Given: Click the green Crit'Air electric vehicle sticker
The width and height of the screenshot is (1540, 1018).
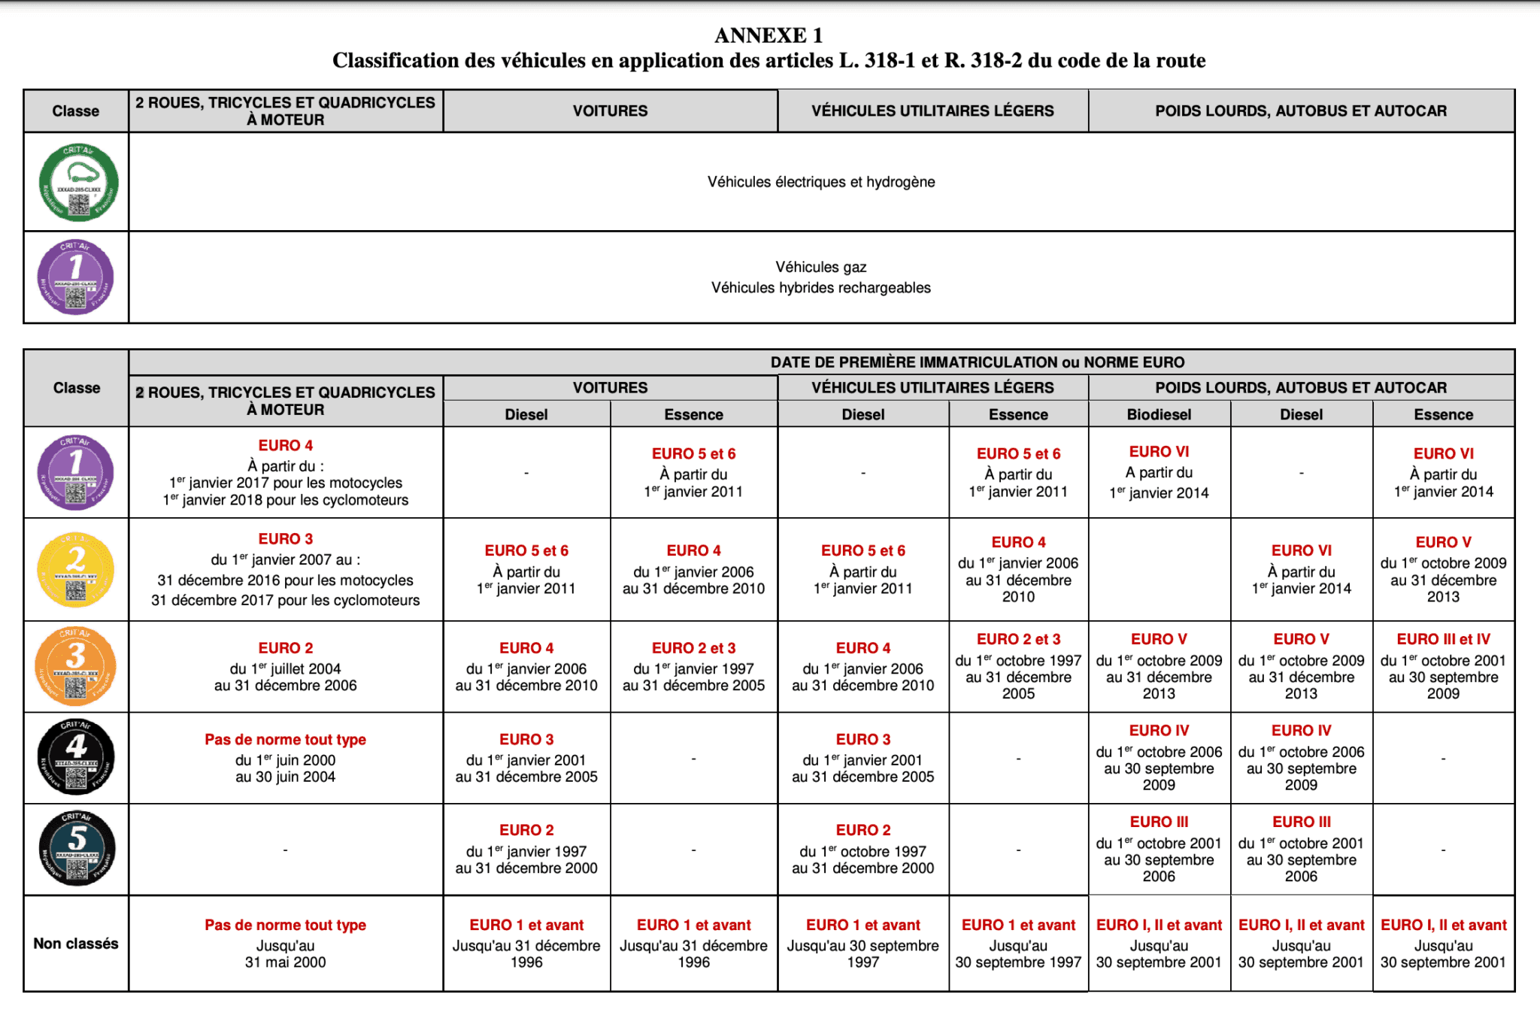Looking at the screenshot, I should (78, 183).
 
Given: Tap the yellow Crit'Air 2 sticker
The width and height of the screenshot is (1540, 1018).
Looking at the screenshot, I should (76, 569).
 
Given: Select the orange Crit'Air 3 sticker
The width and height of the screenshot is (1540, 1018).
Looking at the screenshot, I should (76, 667).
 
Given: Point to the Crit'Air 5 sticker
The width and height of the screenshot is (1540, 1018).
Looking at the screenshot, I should (77, 849).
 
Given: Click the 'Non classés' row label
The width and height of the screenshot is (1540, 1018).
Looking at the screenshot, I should (76, 944).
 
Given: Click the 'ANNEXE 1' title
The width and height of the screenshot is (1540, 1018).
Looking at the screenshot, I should (768, 35).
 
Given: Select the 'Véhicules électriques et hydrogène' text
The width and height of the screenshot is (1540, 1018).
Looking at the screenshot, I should (821, 182).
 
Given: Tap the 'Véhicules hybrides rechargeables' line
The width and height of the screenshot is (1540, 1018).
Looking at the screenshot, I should (821, 288).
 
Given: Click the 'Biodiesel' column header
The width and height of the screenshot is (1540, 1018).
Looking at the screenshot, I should (1159, 414).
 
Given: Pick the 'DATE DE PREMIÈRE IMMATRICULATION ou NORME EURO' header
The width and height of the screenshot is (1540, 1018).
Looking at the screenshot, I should (977, 362).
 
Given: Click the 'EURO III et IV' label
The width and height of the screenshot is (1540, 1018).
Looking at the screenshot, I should (1443, 639).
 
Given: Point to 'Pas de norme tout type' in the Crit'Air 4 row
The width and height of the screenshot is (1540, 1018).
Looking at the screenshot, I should (286, 740).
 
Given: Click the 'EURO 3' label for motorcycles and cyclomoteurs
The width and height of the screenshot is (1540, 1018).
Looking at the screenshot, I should (286, 539).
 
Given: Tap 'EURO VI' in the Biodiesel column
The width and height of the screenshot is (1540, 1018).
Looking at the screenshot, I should (1159, 452).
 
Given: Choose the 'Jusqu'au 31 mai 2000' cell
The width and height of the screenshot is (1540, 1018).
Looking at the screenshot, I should (286, 954).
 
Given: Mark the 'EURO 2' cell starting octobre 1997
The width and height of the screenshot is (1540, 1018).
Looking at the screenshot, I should (863, 831).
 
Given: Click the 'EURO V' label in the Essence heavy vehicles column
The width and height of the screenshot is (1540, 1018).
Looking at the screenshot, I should (1443, 543).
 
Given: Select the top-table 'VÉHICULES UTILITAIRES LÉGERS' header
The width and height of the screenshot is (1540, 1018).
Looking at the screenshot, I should (932, 111).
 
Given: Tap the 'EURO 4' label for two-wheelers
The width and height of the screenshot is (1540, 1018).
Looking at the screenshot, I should (286, 446).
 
